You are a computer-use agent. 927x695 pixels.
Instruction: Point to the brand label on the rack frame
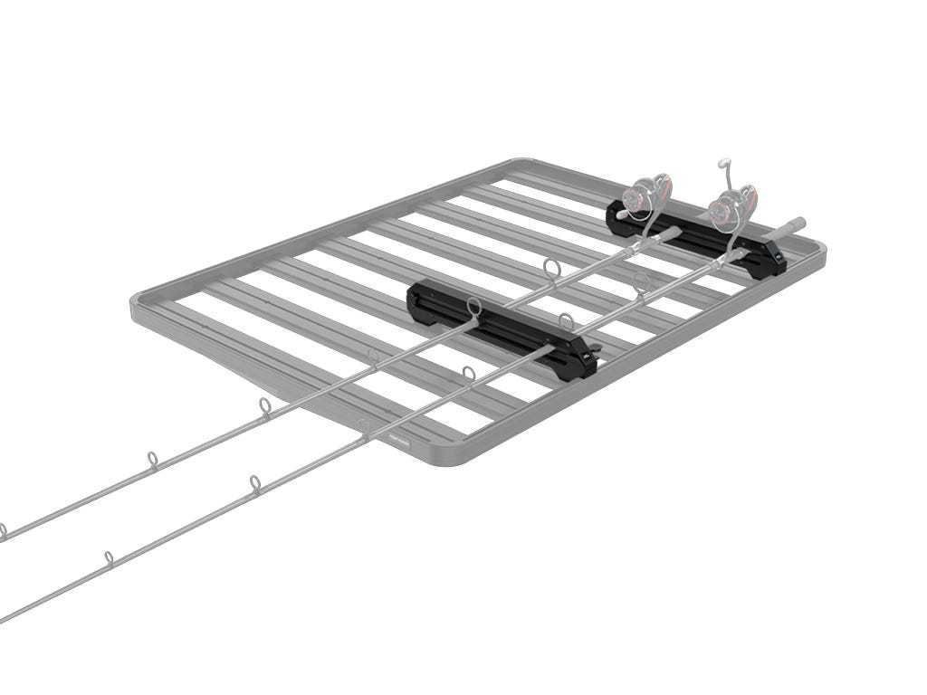399,441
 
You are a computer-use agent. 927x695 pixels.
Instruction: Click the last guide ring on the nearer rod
109,556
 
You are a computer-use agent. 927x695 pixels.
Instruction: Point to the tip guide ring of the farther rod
2,530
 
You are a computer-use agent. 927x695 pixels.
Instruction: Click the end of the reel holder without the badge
618,210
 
